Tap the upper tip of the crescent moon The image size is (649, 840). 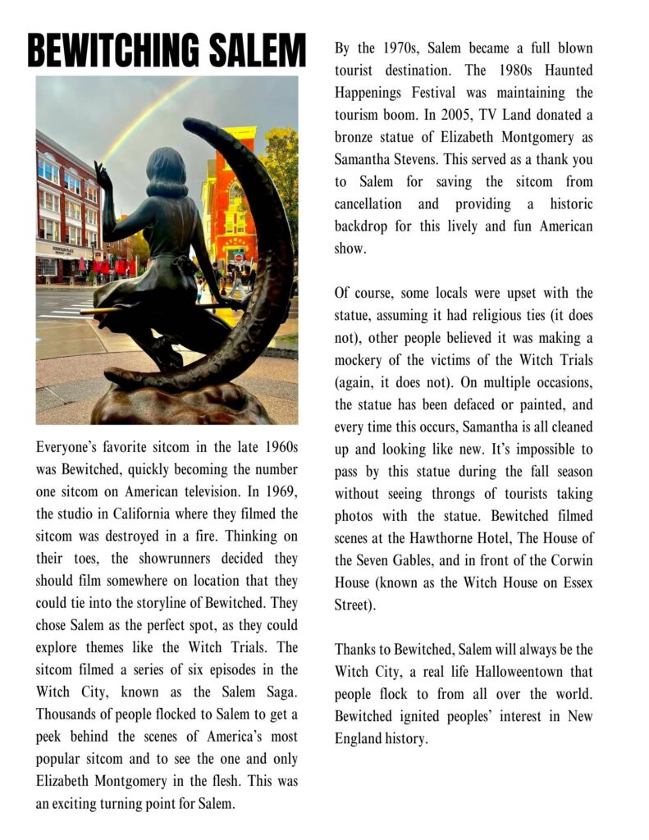tap(190, 125)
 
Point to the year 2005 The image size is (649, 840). tap(459, 115)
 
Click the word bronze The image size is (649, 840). tap(355, 137)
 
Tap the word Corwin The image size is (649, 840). tap(570, 560)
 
